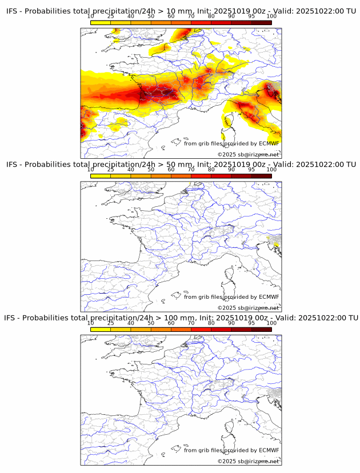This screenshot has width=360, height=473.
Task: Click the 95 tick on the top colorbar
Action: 251,16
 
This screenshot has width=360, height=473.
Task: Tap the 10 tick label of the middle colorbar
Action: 91,170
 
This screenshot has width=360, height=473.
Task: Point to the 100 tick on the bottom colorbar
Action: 271,323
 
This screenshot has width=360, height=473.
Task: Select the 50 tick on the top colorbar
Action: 151,16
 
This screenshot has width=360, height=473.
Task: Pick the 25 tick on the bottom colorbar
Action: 111,323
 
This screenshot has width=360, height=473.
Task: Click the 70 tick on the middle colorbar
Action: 191,170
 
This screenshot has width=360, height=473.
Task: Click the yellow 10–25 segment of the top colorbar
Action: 101,22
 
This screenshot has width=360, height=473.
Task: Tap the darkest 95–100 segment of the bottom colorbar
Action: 261,329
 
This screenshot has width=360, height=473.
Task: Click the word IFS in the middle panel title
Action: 12,165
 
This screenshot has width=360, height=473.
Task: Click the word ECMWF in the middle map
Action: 269,297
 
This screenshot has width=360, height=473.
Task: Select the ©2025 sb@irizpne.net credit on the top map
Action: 248,155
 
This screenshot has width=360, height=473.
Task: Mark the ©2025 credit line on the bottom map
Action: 248,462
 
